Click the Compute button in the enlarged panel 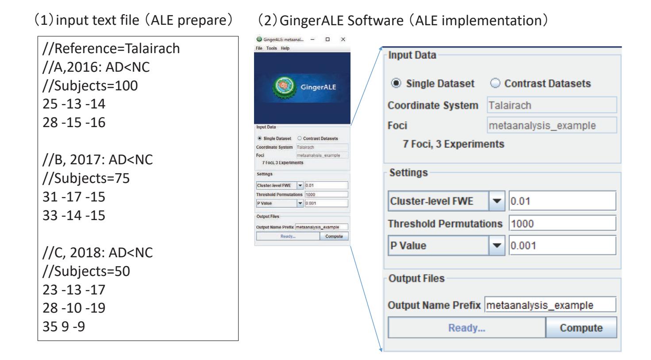click(x=581, y=328)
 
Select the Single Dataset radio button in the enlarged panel click(x=396, y=83)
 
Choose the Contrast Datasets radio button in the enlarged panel click(x=495, y=83)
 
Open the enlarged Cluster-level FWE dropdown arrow click(x=497, y=201)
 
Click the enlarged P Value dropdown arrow click(x=497, y=245)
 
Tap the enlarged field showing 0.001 click(x=562, y=245)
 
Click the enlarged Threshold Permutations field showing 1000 click(x=562, y=223)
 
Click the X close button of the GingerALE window click(x=343, y=39)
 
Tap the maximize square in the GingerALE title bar click(x=327, y=39)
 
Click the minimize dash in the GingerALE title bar click(x=312, y=39)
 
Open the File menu click(x=259, y=48)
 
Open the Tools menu click(x=271, y=48)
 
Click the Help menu click(x=285, y=48)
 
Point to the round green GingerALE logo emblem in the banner click(x=284, y=87)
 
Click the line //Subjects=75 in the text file click(x=86, y=178)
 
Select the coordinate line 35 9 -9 click(x=64, y=326)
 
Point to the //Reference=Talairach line click(x=111, y=49)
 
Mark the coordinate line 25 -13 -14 click(x=74, y=104)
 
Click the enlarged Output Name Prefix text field click(x=550, y=305)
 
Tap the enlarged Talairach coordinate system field click(x=552, y=105)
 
